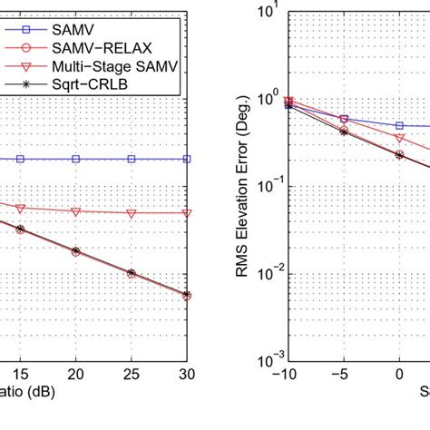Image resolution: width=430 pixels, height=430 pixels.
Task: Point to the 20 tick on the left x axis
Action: (76, 372)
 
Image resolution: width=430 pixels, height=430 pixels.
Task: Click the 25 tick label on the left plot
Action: (132, 372)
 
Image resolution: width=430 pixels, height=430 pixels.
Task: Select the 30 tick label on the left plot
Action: (187, 372)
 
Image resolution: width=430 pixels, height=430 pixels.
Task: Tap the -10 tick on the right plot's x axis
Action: (288, 372)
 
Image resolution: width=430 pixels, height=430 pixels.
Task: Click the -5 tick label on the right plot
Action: (343, 372)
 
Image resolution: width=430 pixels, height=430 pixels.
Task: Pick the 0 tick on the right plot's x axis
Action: (399, 372)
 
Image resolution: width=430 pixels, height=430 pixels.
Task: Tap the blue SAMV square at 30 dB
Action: (187, 158)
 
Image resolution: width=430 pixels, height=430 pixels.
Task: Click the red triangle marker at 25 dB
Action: (132, 213)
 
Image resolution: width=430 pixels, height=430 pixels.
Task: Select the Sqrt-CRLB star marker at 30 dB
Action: (187, 295)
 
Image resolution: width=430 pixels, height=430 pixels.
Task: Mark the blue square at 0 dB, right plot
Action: (399, 126)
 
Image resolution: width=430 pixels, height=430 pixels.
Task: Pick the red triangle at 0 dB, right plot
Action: (399, 138)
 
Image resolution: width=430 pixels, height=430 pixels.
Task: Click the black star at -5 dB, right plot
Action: (343, 131)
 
